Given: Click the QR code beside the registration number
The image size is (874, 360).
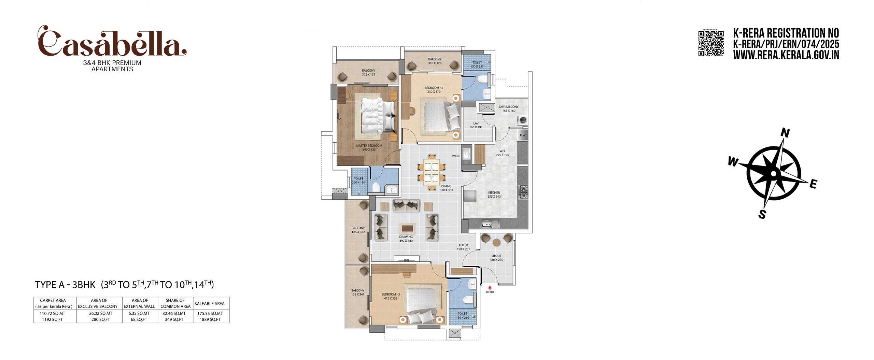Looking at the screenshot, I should [711, 43].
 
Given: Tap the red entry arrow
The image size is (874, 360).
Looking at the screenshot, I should [490, 288].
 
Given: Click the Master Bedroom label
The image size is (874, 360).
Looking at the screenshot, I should [369, 147].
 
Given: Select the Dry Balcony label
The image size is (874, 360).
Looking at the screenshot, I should [509, 109].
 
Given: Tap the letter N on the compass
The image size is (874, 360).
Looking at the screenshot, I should [786, 133].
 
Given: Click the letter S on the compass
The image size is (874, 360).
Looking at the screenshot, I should [762, 214].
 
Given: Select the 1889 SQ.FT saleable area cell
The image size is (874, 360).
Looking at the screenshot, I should [210, 319].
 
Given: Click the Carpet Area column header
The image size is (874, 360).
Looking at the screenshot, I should [53, 303].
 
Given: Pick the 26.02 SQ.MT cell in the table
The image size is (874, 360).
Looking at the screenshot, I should [100, 313].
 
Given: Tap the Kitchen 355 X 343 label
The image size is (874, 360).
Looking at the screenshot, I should [494, 195].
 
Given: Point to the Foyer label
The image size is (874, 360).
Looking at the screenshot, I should [463, 247].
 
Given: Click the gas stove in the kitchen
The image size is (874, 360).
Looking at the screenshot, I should [523, 192].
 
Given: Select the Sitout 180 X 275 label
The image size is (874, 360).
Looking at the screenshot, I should [496, 258].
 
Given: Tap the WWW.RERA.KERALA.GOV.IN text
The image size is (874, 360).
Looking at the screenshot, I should [786, 55].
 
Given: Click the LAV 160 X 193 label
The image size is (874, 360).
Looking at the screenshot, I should [476, 125].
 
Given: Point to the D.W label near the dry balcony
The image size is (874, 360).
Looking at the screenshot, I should [523, 135].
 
